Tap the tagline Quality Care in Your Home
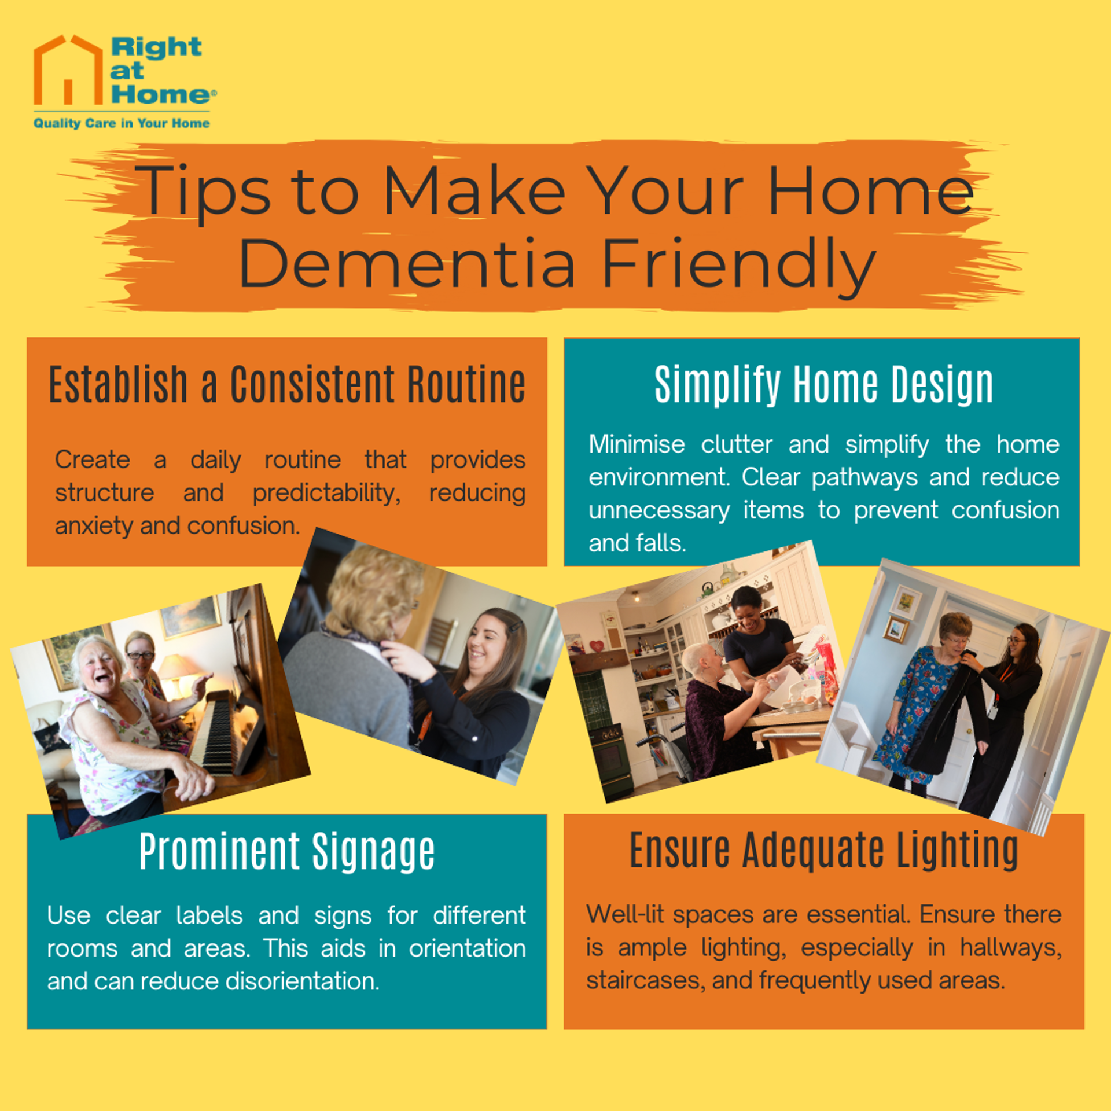click(122, 123)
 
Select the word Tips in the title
click(205, 191)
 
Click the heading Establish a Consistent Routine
click(287, 384)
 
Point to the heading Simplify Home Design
click(823, 384)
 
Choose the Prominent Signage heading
click(287, 852)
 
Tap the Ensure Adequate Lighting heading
click(824, 851)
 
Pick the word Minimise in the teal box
click(637, 444)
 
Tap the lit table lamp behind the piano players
click(176, 671)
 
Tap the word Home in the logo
click(161, 94)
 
